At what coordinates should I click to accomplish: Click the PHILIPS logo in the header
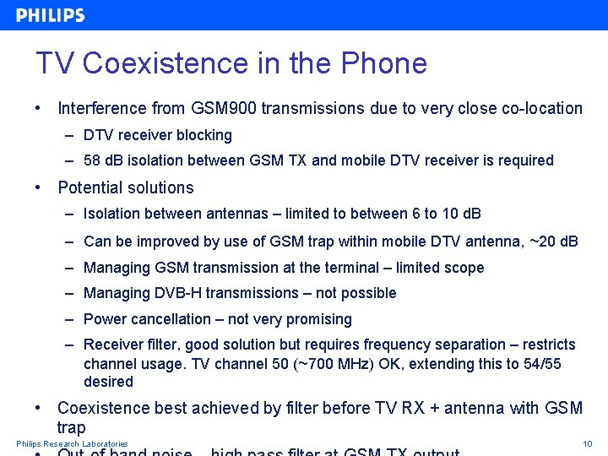pos(51,15)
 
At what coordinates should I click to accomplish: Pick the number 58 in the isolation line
pos(92,160)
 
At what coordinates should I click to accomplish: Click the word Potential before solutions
pos(89,187)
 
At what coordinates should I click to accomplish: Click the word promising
pos(315,319)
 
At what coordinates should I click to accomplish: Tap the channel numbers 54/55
pos(540,363)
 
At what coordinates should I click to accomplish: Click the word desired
pos(108,382)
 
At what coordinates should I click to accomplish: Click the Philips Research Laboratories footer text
pos(72,444)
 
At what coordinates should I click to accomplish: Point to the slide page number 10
pos(588,444)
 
